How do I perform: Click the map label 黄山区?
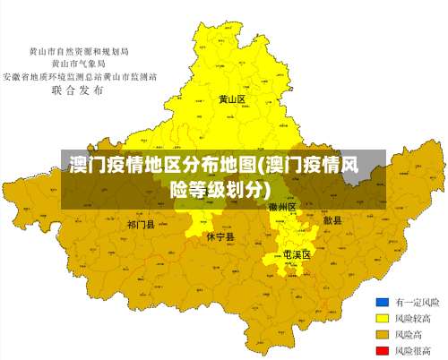232,99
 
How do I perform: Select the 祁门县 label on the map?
141,224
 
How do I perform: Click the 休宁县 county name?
220,237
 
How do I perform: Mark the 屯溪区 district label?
297,255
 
